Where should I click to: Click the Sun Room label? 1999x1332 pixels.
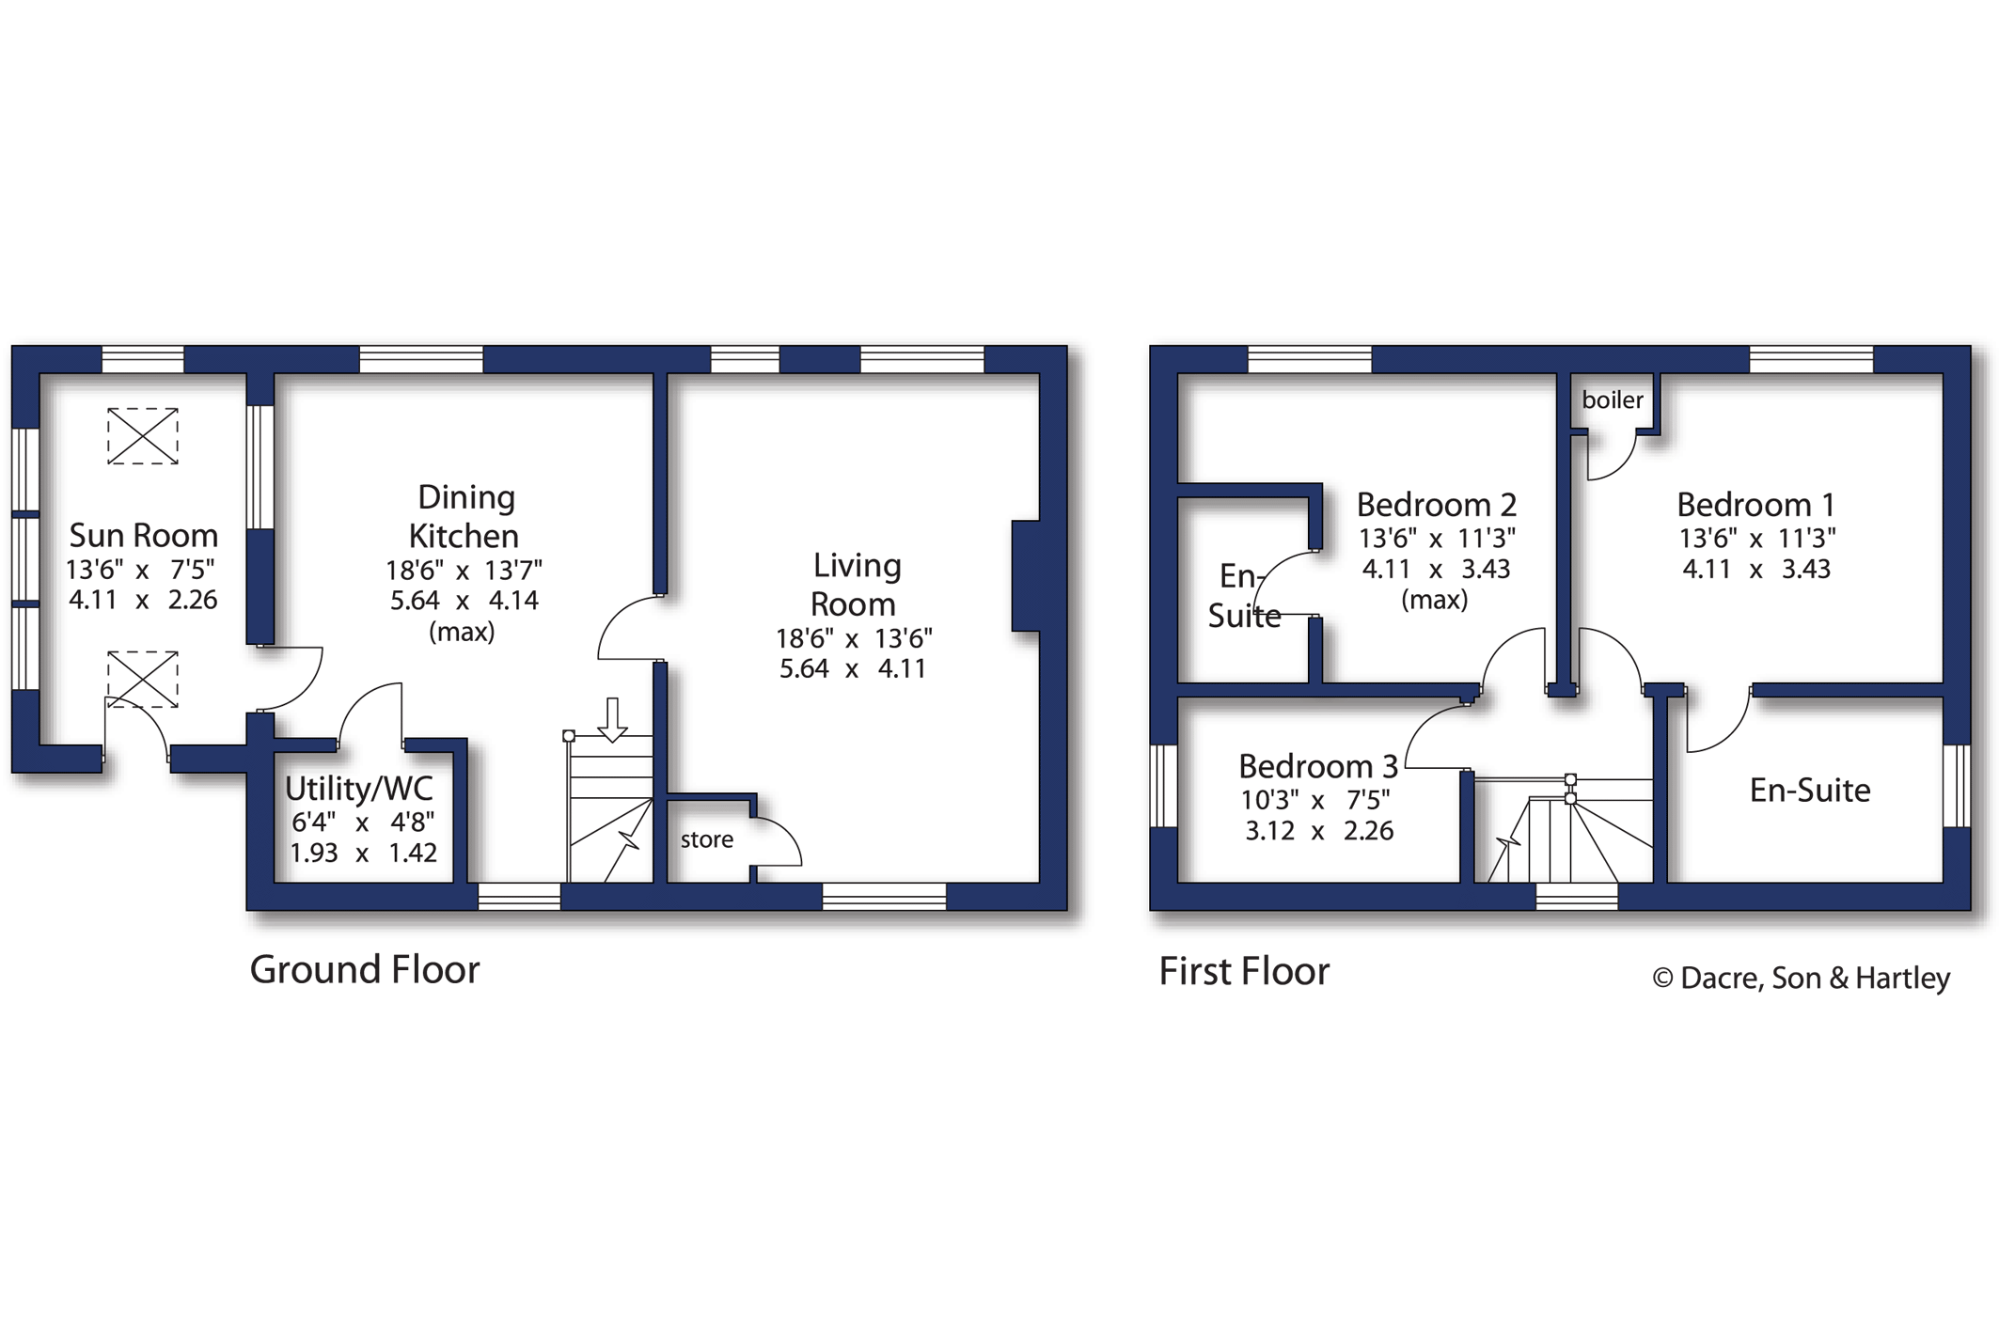coord(144,536)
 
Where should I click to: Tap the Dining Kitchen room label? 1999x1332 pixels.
coord(464,516)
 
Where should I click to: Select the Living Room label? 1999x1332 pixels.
coord(855,584)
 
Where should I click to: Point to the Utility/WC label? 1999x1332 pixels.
coord(359,788)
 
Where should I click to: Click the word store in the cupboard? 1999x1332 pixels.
coord(707,839)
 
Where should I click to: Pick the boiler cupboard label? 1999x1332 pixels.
coord(1613,400)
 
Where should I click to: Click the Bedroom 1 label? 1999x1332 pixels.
coord(1755,505)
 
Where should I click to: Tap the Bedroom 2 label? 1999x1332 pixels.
coord(1437,505)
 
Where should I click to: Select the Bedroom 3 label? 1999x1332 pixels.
coord(1318,766)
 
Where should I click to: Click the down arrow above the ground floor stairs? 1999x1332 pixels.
coord(613,720)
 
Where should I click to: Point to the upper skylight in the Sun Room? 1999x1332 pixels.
coord(143,436)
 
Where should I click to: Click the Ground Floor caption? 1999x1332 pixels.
coord(365,969)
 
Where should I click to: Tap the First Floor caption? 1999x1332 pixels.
coord(1244,971)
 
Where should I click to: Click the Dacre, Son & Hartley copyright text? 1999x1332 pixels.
coord(1802,978)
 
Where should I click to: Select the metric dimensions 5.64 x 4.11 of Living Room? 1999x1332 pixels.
coord(853,668)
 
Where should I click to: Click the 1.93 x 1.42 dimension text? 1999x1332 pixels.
coord(363,853)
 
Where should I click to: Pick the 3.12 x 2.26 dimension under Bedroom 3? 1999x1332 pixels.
coord(1319,830)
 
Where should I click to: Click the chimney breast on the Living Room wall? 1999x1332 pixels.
coord(1026,575)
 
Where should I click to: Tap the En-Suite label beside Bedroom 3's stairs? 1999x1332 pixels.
coord(1810,791)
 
